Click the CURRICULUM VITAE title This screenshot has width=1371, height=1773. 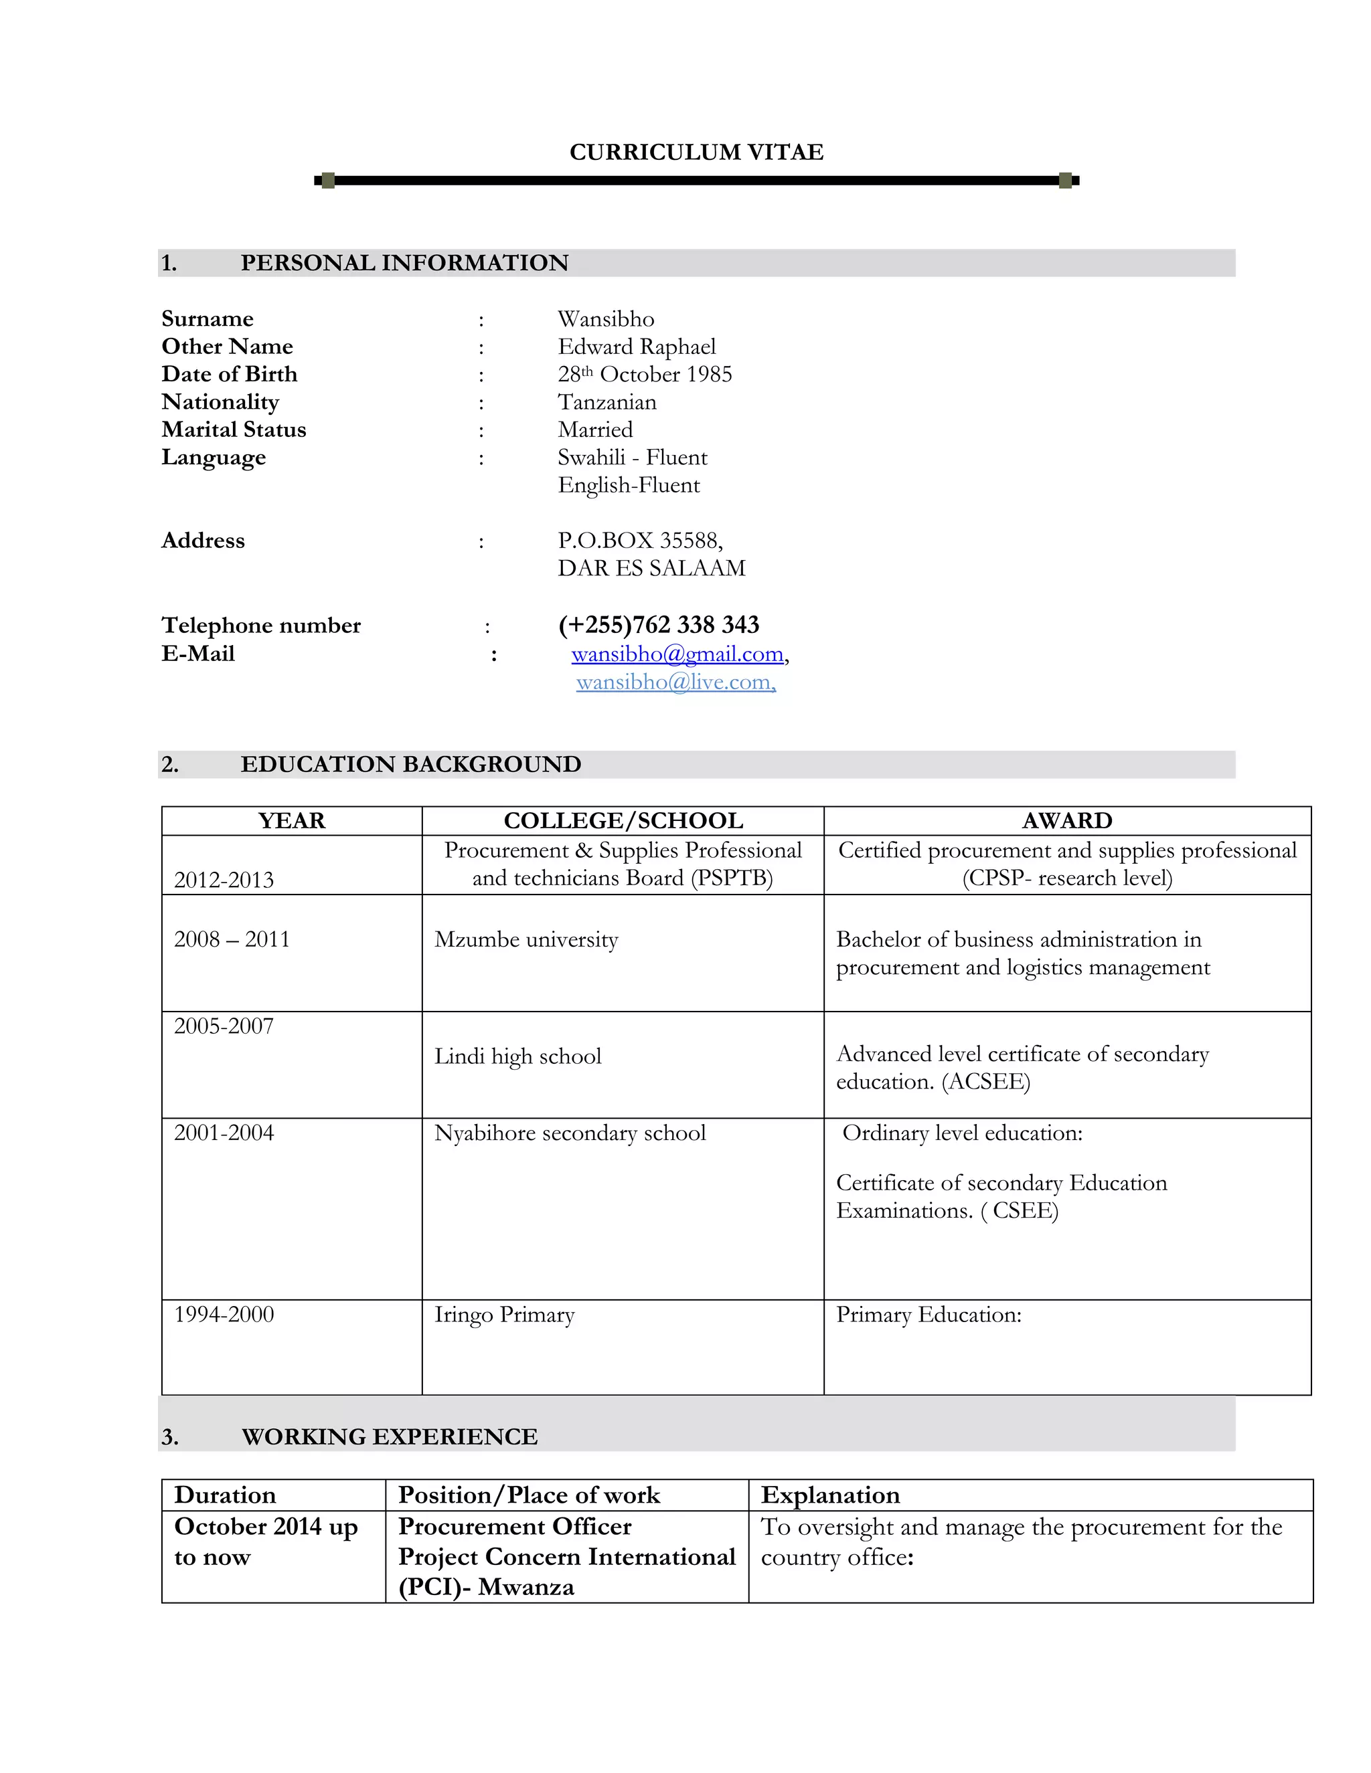(696, 152)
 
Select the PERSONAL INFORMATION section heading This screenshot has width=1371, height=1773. (404, 263)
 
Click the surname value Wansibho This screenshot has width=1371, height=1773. (606, 319)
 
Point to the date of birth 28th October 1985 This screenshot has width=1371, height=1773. (644, 374)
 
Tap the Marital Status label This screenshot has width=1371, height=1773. (234, 430)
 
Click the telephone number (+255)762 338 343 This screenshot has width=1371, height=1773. (658, 624)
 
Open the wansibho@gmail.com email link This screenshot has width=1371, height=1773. (677, 654)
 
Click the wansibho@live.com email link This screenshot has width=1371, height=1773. (675, 682)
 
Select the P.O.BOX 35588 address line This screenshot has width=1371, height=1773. (640, 541)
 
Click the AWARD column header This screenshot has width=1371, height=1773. (1066, 821)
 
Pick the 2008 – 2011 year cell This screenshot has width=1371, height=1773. (232, 939)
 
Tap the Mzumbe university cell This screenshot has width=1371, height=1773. (526, 939)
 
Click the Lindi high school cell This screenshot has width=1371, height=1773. (517, 1056)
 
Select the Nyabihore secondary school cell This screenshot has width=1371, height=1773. (570, 1133)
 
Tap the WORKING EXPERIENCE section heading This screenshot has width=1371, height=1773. (389, 1437)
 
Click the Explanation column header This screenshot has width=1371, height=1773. (830, 1495)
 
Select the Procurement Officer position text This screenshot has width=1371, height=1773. (514, 1526)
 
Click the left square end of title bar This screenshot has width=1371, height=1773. (328, 180)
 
